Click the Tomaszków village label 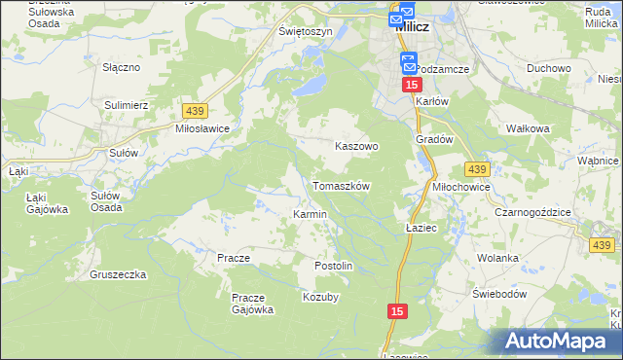click(x=341, y=185)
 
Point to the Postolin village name click(x=332, y=266)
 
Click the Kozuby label click(x=320, y=297)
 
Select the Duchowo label click(x=548, y=69)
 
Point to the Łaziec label click(x=421, y=227)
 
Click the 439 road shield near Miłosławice click(x=193, y=112)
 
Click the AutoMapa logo click(x=559, y=341)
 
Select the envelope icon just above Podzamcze click(x=408, y=63)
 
